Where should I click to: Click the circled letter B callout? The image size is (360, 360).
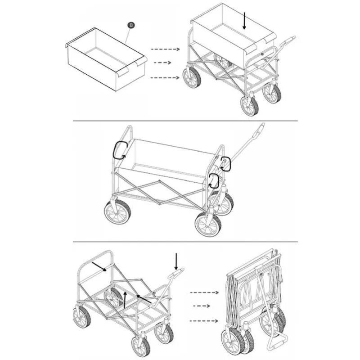[131, 25]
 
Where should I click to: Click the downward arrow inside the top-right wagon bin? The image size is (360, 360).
[244, 21]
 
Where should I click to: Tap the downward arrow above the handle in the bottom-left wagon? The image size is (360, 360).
[176, 261]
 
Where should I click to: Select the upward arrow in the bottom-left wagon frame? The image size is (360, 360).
[125, 300]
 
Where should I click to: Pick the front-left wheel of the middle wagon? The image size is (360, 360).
[117, 211]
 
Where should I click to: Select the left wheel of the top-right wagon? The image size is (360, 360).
[192, 77]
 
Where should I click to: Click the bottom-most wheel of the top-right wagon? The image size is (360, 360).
[249, 106]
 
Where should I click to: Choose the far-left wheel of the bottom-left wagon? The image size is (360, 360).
[82, 316]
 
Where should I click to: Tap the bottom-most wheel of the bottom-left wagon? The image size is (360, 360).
[141, 346]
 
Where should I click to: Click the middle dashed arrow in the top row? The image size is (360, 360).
[162, 63]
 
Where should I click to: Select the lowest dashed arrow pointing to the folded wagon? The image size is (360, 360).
[204, 321]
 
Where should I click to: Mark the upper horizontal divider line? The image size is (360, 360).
[185, 121]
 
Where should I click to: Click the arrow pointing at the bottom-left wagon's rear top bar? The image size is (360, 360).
[99, 266]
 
